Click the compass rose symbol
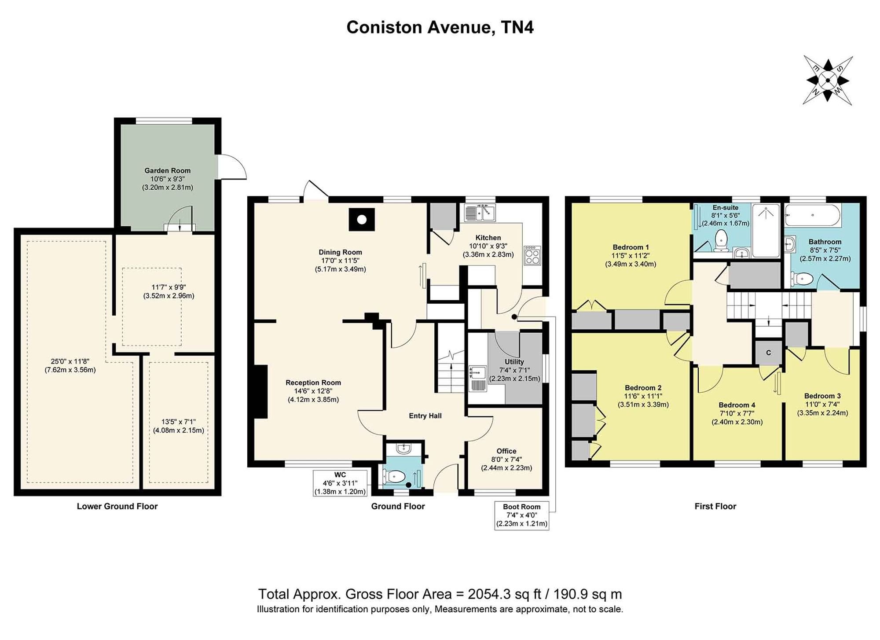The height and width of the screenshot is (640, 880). [828, 81]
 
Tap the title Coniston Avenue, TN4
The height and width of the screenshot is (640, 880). [440, 27]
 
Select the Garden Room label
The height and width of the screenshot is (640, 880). [168, 171]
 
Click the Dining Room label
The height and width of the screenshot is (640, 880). [340, 252]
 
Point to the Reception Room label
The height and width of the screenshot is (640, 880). [313, 383]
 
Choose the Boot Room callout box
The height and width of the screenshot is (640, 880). [521, 515]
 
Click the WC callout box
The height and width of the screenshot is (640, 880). [340, 483]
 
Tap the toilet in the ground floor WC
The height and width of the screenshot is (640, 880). [394, 476]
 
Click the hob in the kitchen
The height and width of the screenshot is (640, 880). [532, 256]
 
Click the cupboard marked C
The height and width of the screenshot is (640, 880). [769, 353]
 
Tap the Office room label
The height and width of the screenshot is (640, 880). [506, 451]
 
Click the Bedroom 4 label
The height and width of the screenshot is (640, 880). [737, 405]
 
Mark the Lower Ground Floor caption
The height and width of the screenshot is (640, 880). [117, 506]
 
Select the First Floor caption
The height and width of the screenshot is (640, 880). [715, 506]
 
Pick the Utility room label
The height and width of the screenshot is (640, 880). [514, 362]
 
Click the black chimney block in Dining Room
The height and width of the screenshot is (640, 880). [362, 219]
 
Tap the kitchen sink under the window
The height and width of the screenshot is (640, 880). [480, 213]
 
